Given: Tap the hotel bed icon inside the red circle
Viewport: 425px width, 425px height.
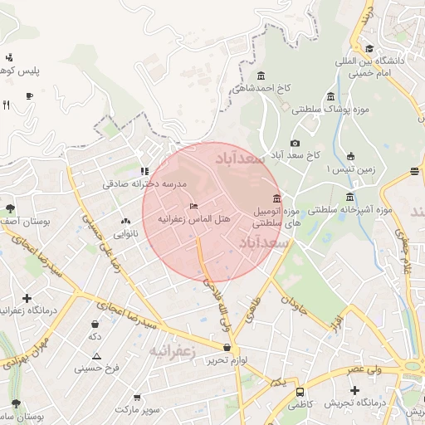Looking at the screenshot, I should (x=193, y=206).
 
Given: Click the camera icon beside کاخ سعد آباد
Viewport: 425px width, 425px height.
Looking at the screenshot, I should (x=296, y=144).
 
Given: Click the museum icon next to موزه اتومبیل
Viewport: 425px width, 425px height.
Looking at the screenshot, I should (x=276, y=198).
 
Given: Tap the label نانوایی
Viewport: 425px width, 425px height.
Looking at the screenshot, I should (x=126, y=234).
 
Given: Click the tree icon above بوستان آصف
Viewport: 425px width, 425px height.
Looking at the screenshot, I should (x=11, y=208).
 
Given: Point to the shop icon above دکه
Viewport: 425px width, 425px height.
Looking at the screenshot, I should (x=95, y=324).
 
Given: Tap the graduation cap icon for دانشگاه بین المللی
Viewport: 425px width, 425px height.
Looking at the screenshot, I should (x=369, y=48).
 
